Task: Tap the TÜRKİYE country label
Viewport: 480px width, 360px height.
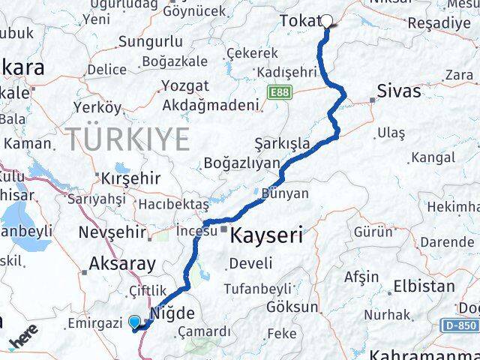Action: (127, 139)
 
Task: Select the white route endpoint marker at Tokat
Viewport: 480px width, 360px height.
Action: (327, 20)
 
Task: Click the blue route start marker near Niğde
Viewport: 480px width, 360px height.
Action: (135, 322)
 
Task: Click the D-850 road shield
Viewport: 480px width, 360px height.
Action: (458, 326)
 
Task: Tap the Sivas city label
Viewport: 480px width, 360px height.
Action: (400, 91)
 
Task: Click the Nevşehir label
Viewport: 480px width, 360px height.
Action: (112, 232)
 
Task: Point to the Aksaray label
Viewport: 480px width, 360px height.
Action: (122, 263)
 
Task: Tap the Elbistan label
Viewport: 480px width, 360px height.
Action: (424, 286)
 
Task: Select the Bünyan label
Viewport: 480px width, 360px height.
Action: (286, 193)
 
